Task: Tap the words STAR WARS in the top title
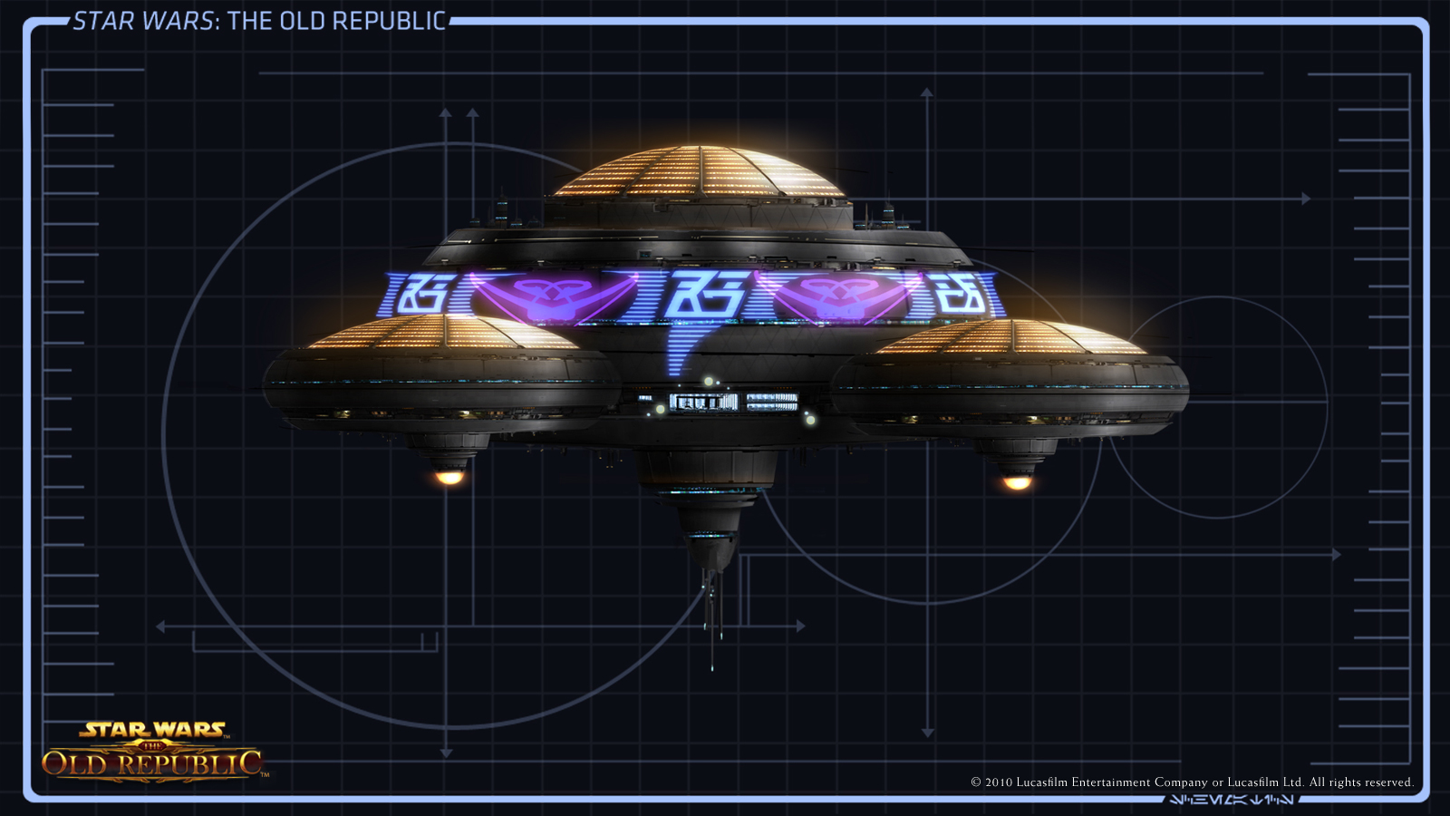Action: [143, 21]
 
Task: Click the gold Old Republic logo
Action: [153, 752]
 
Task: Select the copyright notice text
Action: [1192, 782]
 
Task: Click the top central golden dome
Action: [698, 172]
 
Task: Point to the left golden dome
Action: [444, 333]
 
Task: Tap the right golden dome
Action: [1013, 337]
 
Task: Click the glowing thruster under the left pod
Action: [449, 476]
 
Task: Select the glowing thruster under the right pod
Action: [1017, 482]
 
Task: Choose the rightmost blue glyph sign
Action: [962, 294]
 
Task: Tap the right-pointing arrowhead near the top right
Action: [1306, 199]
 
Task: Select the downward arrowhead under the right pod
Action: [927, 732]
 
